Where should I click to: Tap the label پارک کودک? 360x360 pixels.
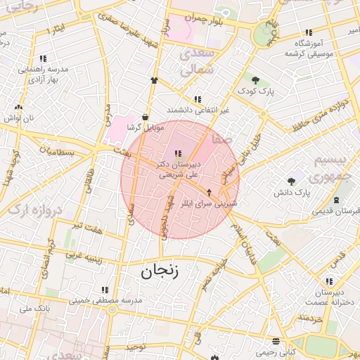tap(255, 91)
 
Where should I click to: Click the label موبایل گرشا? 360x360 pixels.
tap(145, 127)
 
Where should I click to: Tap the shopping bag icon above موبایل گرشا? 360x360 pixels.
tap(145, 117)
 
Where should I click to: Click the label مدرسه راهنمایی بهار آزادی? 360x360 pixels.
tap(42, 74)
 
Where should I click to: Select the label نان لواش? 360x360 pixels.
tap(19, 118)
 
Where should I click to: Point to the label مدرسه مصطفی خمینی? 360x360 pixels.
tap(105, 300)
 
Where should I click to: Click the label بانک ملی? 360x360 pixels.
tap(36, 308)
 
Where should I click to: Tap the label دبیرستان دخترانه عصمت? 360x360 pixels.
tap(328, 297)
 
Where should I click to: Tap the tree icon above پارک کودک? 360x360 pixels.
tap(255, 80)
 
